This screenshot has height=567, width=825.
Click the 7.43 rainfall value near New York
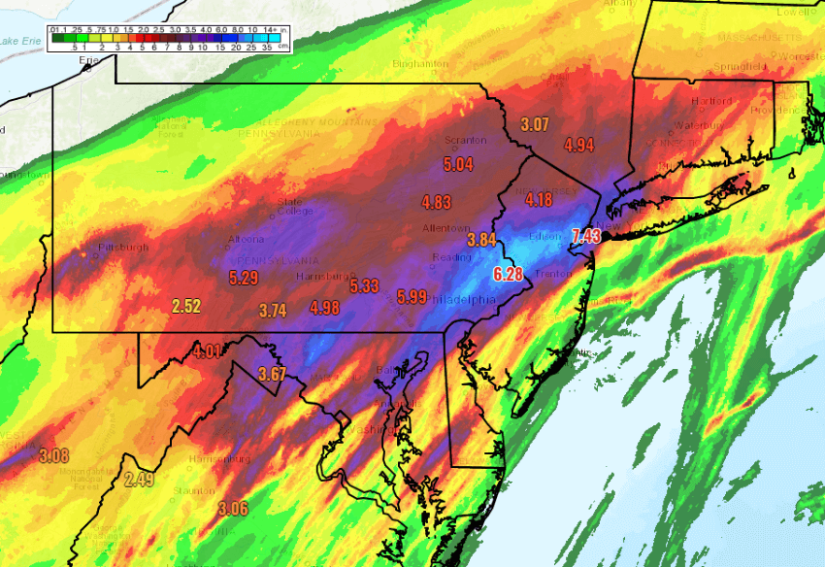588,237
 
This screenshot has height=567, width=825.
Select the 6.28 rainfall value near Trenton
508,275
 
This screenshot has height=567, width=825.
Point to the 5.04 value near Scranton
458,164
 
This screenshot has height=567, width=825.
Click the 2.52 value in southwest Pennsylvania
185,307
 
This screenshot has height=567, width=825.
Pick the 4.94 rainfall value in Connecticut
578,146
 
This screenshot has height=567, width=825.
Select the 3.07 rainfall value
535,124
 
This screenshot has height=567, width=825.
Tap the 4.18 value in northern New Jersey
539,200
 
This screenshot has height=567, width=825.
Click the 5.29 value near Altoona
244,278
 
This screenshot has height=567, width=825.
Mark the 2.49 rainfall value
139,479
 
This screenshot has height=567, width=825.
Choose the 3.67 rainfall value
274,374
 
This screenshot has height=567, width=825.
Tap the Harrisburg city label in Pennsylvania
321,277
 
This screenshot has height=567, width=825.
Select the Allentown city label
445,228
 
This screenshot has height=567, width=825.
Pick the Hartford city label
685,101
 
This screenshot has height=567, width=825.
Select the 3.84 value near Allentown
482,240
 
